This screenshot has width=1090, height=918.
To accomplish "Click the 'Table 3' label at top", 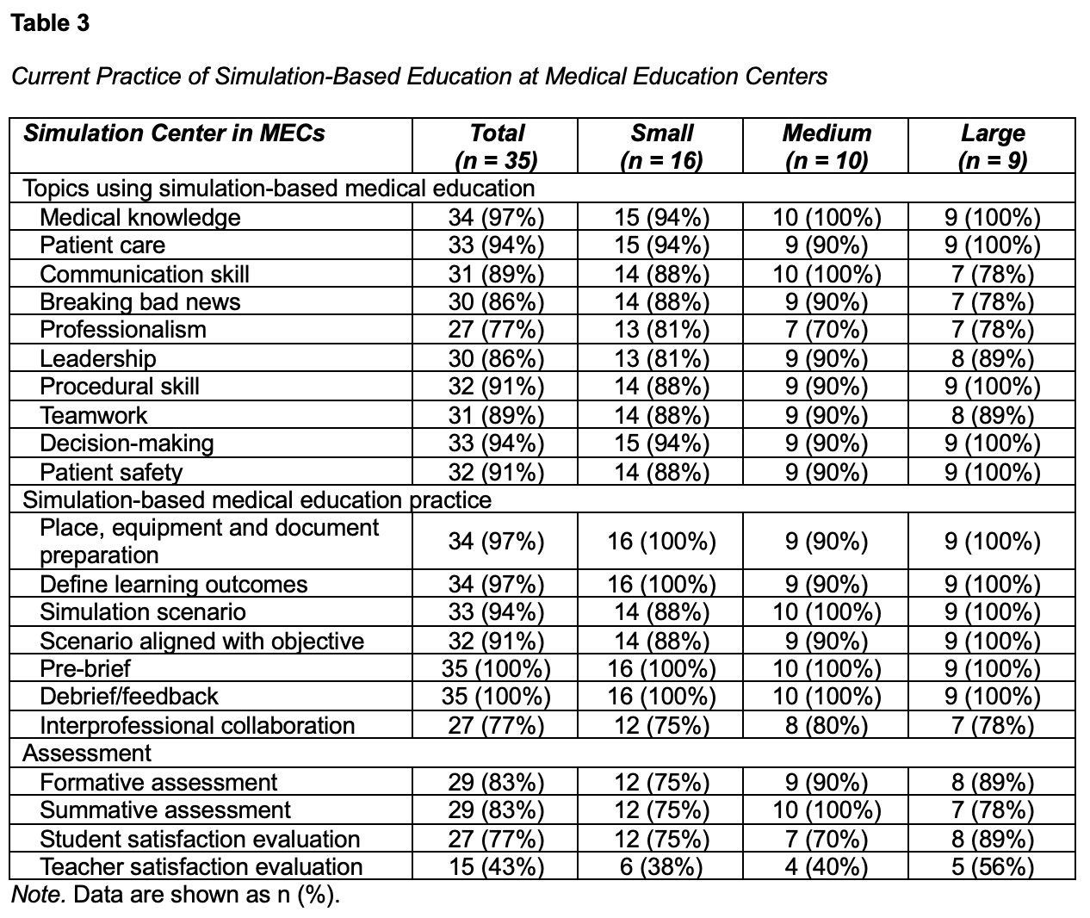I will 50,23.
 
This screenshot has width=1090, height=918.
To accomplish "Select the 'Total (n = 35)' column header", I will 496,146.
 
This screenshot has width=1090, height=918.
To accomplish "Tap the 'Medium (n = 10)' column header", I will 826,146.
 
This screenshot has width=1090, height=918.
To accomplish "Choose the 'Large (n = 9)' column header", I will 992,146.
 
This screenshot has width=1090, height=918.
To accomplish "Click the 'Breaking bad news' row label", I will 140,302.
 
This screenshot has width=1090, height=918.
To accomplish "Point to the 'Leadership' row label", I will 98,358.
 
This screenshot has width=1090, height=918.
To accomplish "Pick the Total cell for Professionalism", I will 496,330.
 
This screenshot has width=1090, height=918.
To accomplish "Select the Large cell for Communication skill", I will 992,274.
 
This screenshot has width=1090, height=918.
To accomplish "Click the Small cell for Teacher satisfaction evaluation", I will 661,866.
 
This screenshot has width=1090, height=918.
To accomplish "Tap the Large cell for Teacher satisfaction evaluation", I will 992,866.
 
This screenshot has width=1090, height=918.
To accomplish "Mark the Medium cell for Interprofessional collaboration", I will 826,725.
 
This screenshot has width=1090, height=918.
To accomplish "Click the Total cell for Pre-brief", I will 496,668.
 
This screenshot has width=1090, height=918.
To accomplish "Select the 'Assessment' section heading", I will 87,754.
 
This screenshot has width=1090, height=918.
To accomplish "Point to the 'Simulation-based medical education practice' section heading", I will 257,500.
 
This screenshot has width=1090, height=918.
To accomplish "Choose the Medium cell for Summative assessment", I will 826,810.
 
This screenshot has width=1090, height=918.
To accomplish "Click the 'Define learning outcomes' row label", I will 174,584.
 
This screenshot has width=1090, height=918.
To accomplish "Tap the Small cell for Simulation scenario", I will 661,612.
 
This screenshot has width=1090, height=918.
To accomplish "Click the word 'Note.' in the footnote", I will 39,895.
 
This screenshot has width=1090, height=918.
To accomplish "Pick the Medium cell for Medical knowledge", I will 826,217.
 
